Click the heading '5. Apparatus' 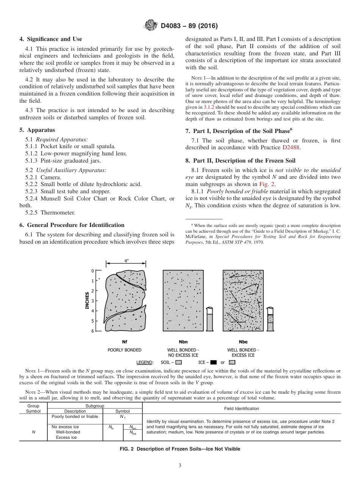[37, 130]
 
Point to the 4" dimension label [126, 261]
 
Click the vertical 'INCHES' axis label [87, 300]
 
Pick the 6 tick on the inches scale [92, 331]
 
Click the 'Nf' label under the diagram [125, 341]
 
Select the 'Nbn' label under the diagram [183, 341]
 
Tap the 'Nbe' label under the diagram [243, 341]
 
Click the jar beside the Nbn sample [210, 318]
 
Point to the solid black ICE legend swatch [213, 362]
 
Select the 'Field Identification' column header [241, 408]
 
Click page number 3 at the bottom [180, 466]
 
